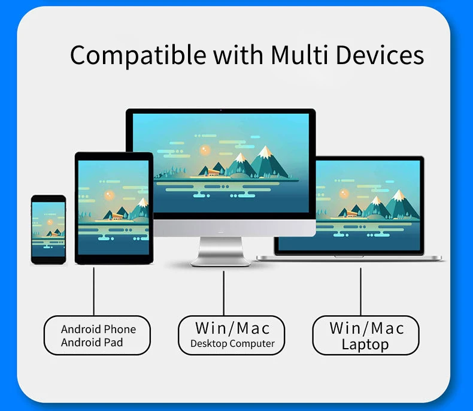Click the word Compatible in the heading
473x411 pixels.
pyautogui.click(x=128, y=56)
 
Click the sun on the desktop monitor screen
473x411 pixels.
pyautogui.click(x=205, y=150)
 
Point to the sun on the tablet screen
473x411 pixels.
pyautogui.click(x=109, y=195)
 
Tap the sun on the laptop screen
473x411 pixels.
pyautogui.click(x=344, y=193)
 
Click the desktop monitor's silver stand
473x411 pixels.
pyautogui.click(x=221, y=252)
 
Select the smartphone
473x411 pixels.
pyautogui.click(x=48, y=229)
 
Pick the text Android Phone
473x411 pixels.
pyautogui.click(x=98, y=329)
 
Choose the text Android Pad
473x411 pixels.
pyautogui.click(x=92, y=343)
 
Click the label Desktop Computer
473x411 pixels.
pyautogui.click(x=232, y=344)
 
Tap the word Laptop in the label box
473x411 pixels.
pyautogui.click(x=365, y=344)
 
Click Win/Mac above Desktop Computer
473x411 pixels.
pyautogui.click(x=232, y=328)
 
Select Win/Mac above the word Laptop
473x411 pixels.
pyautogui.click(x=366, y=328)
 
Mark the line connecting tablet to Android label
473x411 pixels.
pyautogui.click(x=94, y=291)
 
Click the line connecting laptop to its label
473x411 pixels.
pyautogui.click(x=360, y=291)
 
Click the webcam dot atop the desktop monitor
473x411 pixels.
pyautogui.click(x=220, y=111)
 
